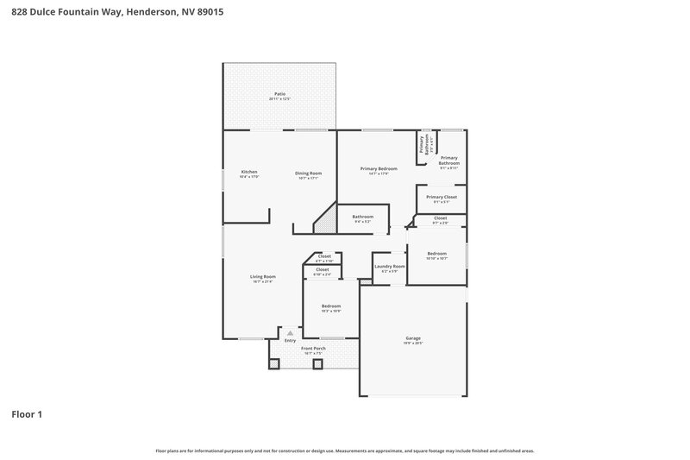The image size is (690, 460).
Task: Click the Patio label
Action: [x=279, y=93]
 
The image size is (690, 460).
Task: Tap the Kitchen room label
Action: [x=249, y=172]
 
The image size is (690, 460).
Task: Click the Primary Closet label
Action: [x=442, y=197]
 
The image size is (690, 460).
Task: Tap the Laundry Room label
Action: [x=387, y=266]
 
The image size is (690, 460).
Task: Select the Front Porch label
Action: [x=312, y=348]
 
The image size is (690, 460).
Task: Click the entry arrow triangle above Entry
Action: [x=290, y=332]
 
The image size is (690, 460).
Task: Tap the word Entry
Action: [x=290, y=341]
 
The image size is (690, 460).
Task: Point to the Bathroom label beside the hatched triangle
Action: [x=362, y=217]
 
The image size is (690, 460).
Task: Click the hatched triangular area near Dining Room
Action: [x=325, y=223]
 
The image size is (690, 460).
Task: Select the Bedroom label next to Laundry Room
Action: [x=437, y=253]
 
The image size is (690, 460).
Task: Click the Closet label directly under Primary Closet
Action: [x=440, y=217]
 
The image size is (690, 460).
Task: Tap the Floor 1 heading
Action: [x=26, y=414]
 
